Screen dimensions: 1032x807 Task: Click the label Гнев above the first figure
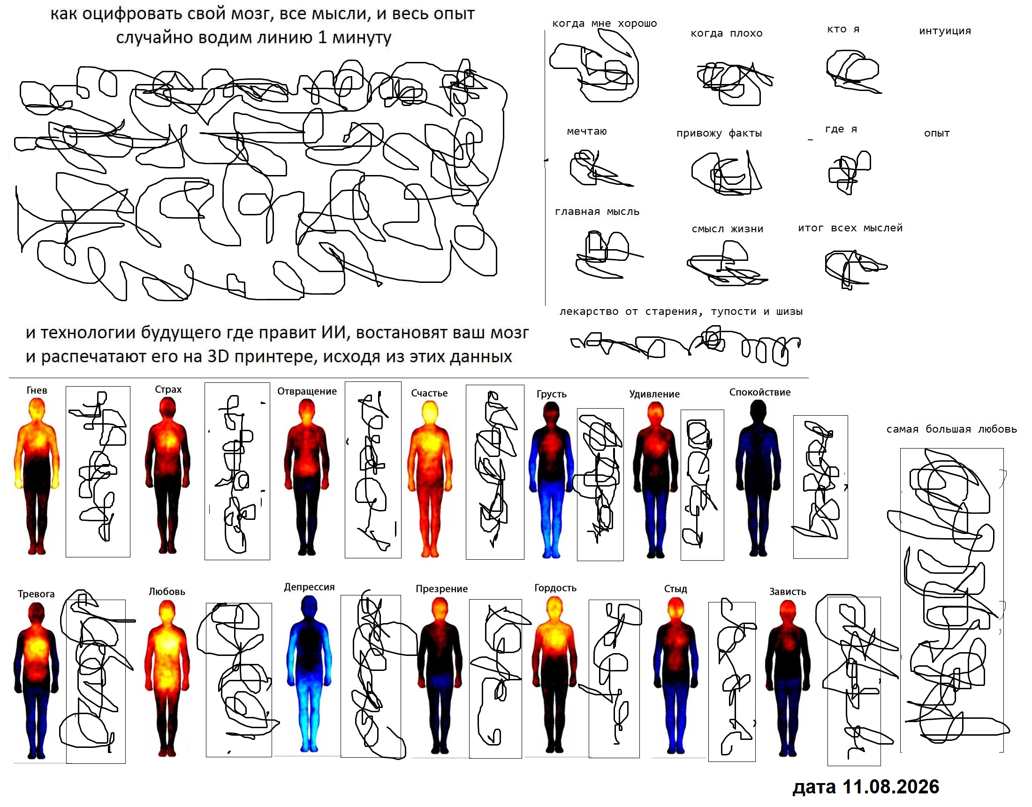click(37, 390)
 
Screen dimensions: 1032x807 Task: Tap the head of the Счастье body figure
click(430, 412)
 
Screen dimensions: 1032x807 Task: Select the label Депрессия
click(309, 587)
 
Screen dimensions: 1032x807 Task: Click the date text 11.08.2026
click(891, 787)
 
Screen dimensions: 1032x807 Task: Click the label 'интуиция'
click(945, 31)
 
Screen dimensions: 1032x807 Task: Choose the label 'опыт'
click(937, 133)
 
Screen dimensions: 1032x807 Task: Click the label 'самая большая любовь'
click(951, 429)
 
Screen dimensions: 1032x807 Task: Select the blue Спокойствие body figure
click(758, 478)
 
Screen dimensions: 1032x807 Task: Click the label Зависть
click(787, 592)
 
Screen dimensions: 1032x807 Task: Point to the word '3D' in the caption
click(218, 357)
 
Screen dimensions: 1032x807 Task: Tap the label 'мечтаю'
click(586, 131)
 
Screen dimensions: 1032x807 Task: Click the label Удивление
click(654, 394)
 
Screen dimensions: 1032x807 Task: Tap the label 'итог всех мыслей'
click(850, 228)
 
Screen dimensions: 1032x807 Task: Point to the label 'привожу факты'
click(719, 133)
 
